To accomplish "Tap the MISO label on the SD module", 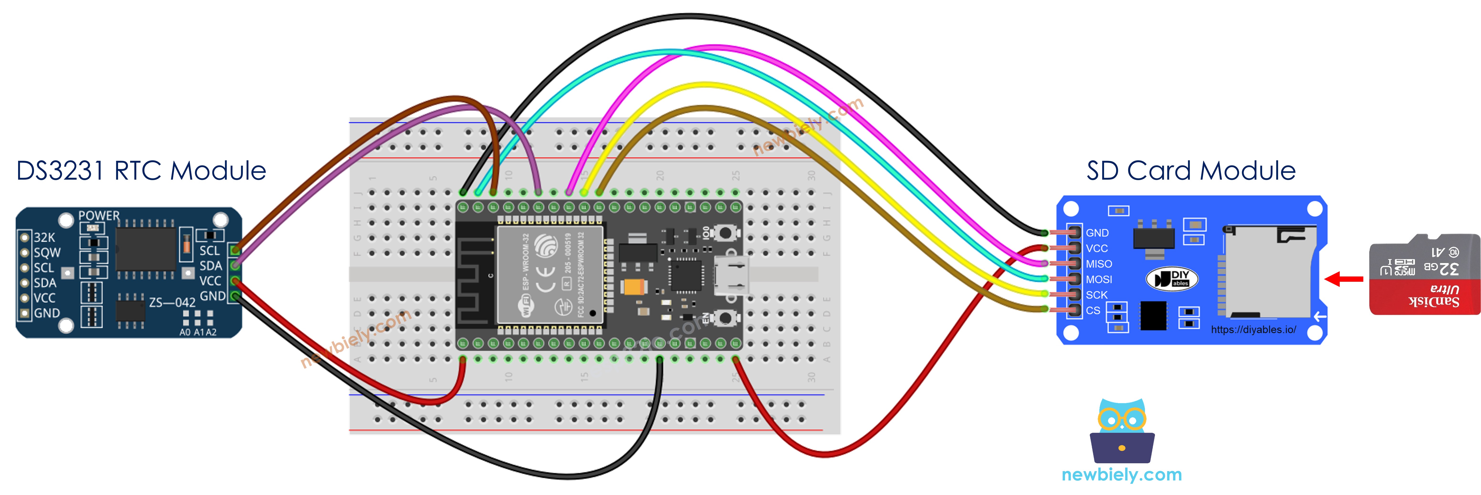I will [x=1099, y=264].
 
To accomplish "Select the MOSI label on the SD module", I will [x=1099, y=279].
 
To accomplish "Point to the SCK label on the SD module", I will [x=1096, y=295].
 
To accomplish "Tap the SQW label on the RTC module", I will [x=47, y=252].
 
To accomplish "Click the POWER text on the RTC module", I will [x=99, y=216].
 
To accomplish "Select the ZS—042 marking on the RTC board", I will [x=172, y=302].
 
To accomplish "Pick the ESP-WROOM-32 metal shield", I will [x=549, y=275].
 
